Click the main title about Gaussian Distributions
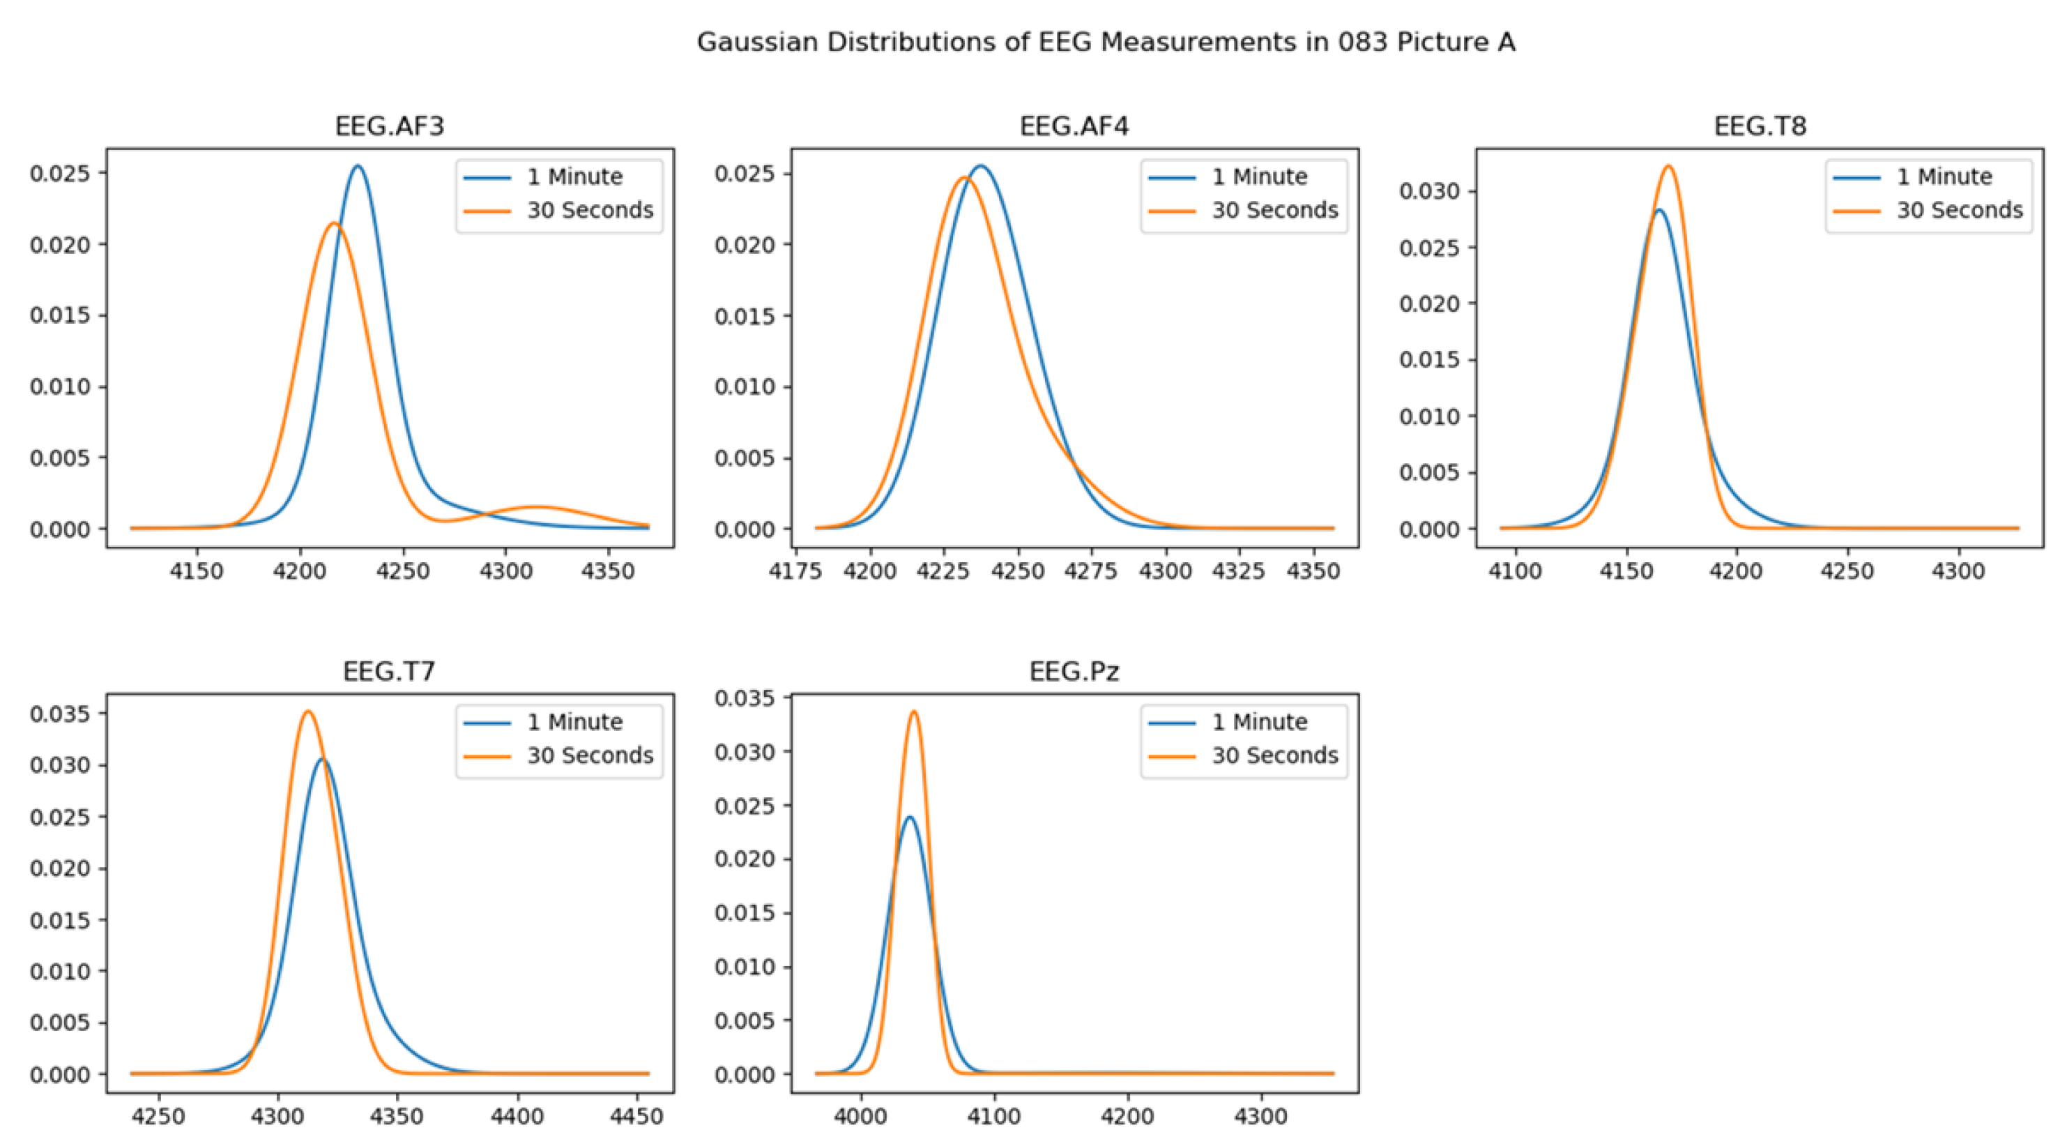click(1106, 42)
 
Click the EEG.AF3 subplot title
click(389, 126)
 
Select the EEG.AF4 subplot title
click(1074, 126)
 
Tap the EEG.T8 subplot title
click(1760, 126)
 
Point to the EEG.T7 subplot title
click(389, 671)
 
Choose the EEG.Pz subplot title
click(1074, 671)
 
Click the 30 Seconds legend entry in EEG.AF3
click(590, 211)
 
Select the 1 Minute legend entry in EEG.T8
click(1944, 176)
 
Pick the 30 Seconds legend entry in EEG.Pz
click(1274, 755)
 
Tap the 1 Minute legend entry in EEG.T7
click(574, 722)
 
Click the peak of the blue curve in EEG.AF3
click(357, 166)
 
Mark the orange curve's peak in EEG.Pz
click(913, 712)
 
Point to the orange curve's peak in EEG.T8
click(1669, 166)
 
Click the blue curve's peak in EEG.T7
click(323, 759)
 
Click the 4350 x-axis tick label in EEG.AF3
click(607, 571)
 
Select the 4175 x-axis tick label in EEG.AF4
click(795, 571)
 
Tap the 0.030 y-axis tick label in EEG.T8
click(1429, 191)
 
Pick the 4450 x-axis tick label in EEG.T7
click(636, 1117)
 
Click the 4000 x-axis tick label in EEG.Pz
click(861, 1117)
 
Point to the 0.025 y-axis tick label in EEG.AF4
click(744, 174)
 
